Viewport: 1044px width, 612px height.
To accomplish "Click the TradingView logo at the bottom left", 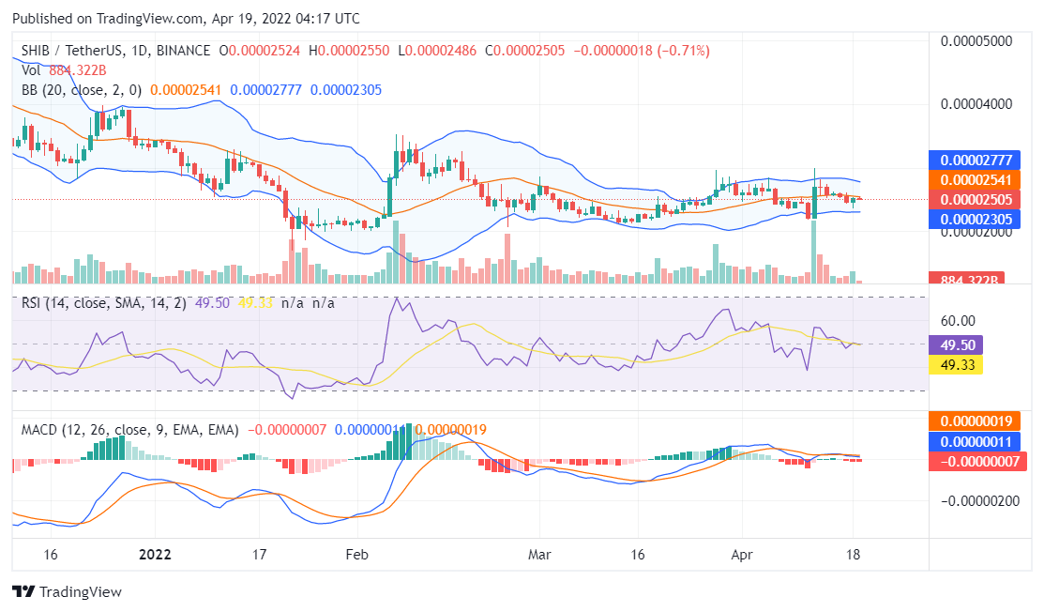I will point(67,592).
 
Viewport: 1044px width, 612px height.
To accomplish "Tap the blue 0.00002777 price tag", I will point(973,160).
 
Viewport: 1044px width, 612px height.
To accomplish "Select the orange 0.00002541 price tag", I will point(973,179).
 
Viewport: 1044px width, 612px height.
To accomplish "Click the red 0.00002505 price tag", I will point(973,199).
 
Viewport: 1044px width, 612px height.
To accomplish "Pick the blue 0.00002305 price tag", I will point(973,219).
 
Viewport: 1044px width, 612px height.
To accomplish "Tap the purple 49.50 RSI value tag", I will point(954,344).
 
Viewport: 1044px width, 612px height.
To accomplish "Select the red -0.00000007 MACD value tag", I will point(973,461).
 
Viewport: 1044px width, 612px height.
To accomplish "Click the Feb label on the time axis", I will point(357,554).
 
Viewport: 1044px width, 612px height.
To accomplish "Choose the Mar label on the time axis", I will point(538,554).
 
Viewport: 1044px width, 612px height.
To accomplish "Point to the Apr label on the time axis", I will point(742,554).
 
